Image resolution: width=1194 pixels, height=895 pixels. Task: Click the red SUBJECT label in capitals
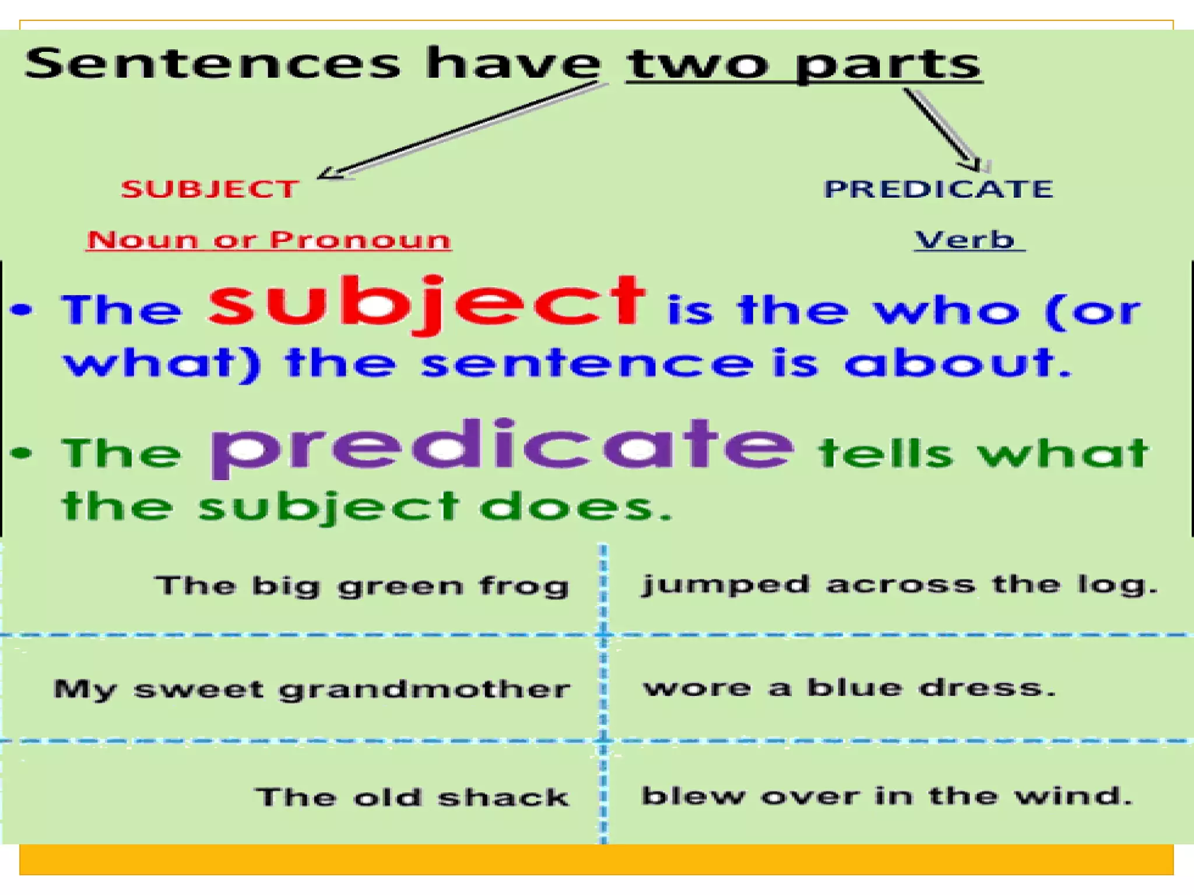[210, 189]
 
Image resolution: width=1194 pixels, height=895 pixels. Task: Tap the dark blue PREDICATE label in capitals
[938, 189]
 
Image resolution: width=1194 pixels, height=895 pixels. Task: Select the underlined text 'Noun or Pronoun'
[269, 240]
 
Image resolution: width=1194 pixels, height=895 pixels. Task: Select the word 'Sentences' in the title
[213, 64]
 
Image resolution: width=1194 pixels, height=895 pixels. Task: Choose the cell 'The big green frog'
[361, 586]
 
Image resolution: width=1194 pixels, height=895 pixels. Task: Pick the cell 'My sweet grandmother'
[312, 690]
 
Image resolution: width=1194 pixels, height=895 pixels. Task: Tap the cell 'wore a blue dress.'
[849, 689]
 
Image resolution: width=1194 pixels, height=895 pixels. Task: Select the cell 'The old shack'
[412, 797]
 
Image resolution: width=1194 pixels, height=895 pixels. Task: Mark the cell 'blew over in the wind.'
[887, 796]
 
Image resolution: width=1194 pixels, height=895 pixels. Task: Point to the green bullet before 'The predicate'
[22, 453]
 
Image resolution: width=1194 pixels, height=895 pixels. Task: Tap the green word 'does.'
[575, 506]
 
